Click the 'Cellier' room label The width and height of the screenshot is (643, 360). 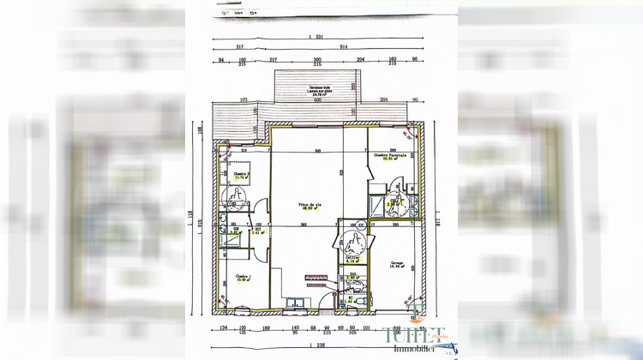click(352, 255)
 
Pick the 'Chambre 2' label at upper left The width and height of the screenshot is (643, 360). click(241, 173)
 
